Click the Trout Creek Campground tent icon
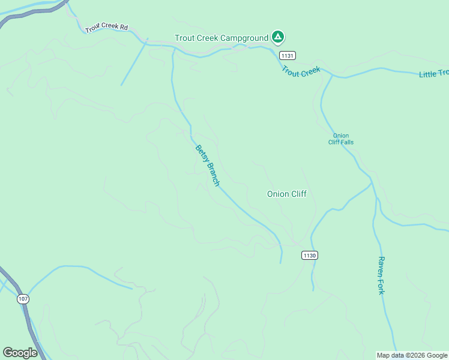coord(277,37)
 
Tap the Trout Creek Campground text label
coord(221,38)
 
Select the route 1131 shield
coord(287,55)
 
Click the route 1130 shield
coord(309,255)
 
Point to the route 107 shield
coord(23,299)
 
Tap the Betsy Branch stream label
coord(208,165)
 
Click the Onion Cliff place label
coord(286,194)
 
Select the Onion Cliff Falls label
coord(340,139)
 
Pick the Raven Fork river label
coord(381,275)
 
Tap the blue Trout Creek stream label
coord(301,71)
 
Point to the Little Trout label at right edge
coord(433,74)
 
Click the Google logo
coord(20,353)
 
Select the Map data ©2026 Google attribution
coord(412,355)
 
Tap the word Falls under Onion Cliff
coord(347,142)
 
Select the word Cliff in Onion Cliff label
coord(298,194)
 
